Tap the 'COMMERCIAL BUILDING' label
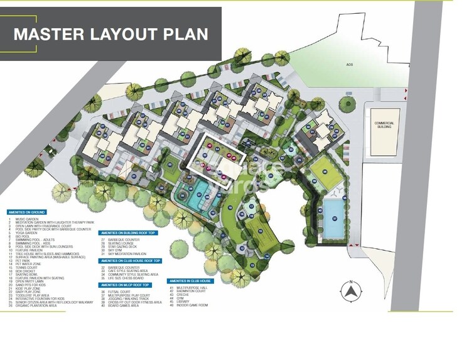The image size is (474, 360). point(383,124)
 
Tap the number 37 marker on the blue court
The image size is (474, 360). point(335,219)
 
